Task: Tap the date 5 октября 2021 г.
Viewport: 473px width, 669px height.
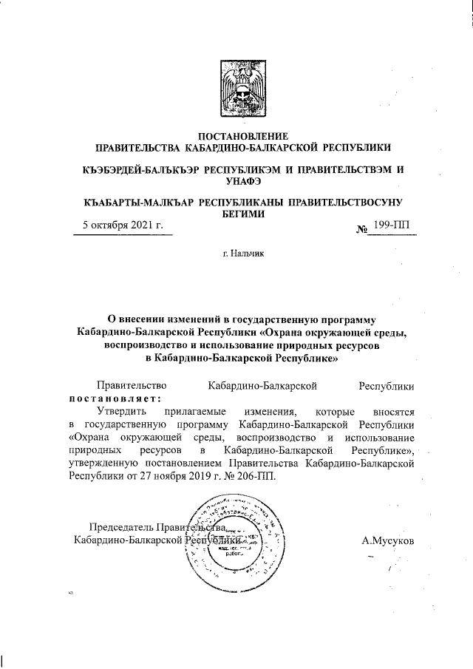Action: [122, 225]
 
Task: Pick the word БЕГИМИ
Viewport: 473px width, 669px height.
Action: [243, 214]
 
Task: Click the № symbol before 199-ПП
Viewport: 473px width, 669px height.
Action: [362, 228]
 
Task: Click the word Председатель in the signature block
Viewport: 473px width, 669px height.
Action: [120, 527]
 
